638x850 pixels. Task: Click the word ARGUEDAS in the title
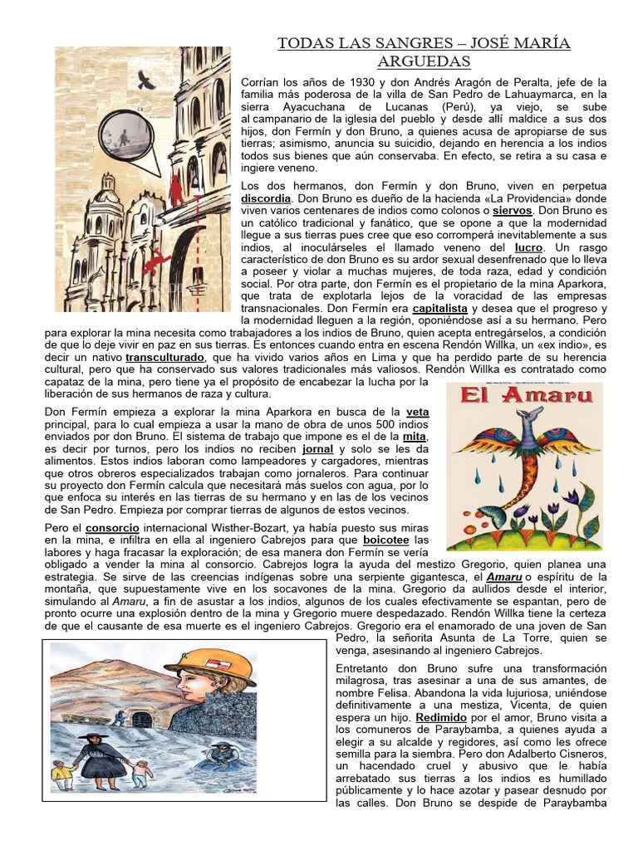(424, 62)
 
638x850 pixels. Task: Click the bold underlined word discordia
(266, 200)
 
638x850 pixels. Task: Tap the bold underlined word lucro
(528, 247)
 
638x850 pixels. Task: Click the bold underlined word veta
(418, 411)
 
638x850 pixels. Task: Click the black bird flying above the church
(147, 79)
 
